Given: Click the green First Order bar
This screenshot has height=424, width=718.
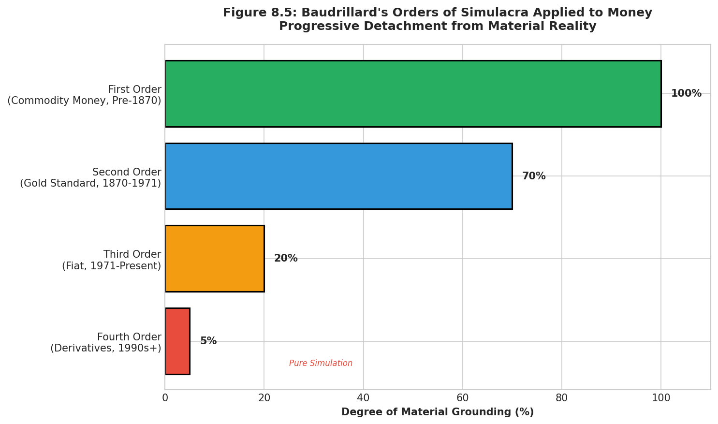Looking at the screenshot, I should point(413,94).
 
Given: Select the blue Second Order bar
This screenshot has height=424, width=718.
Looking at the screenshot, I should point(338,176).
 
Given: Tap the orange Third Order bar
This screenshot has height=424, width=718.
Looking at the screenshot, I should point(215,259).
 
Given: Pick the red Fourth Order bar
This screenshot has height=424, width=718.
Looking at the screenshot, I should point(177,341).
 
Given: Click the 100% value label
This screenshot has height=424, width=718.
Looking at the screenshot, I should point(686,94).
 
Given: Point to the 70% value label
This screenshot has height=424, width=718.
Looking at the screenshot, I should point(534,176).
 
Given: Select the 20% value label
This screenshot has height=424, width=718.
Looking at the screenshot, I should point(286,259).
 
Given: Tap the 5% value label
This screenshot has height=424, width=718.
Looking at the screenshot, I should point(208,341).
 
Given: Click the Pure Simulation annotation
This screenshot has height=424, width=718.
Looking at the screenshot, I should point(321,364).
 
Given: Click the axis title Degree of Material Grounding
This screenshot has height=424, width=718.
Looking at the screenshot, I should point(438,412).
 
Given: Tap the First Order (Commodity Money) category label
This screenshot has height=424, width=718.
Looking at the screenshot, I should point(85,95).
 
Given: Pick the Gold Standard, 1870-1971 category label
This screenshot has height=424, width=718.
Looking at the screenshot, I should point(90,183).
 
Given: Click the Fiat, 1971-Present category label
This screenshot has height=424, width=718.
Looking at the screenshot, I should point(112,266).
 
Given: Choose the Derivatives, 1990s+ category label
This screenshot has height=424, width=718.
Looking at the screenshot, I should point(106,348).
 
